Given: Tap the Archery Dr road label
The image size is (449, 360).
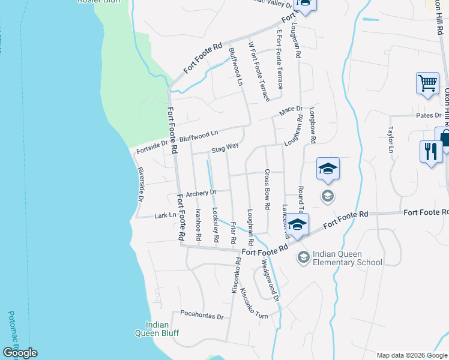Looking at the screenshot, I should pyautogui.click(x=200, y=193).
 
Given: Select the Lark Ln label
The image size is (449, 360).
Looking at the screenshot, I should pyautogui.click(x=165, y=215).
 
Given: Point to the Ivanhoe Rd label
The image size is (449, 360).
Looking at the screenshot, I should pyautogui.click(x=198, y=225).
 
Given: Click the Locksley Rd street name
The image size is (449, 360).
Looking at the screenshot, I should pyautogui.click(x=215, y=225).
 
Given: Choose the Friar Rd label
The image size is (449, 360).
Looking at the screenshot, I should pyautogui.click(x=233, y=232).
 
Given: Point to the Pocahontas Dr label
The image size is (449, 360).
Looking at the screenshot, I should pyautogui.click(x=202, y=316).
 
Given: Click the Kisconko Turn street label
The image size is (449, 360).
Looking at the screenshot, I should pyautogui.click(x=254, y=304).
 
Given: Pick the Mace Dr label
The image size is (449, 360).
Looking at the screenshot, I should pyautogui.click(x=290, y=111).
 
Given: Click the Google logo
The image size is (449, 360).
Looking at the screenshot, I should pyautogui.click(x=20, y=352).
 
